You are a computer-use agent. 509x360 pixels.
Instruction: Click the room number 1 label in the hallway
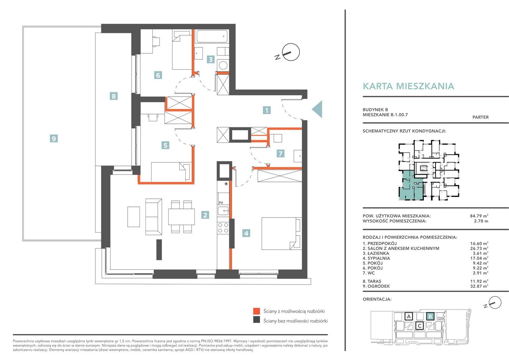(x=266, y=110)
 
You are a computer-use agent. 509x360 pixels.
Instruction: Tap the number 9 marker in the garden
(x=54, y=138)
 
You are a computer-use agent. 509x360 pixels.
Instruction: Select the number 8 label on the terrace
(x=114, y=96)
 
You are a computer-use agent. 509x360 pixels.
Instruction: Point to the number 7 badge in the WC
(x=281, y=154)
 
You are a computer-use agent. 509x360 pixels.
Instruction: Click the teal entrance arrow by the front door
(x=317, y=109)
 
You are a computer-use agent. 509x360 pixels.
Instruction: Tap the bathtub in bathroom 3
(x=212, y=36)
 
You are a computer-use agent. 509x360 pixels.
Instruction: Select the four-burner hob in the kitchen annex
(x=223, y=228)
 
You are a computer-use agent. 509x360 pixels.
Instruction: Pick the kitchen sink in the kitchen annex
(x=223, y=211)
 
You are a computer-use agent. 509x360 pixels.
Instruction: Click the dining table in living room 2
(x=181, y=217)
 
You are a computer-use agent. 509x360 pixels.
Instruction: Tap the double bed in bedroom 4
(x=282, y=234)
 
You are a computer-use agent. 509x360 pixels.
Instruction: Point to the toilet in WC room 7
(x=277, y=138)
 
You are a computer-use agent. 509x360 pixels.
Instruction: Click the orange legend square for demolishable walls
(x=256, y=311)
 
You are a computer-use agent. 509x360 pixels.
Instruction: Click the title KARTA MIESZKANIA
(x=408, y=86)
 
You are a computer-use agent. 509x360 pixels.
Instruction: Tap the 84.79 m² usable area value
(x=479, y=216)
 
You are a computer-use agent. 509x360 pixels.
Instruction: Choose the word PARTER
(x=480, y=117)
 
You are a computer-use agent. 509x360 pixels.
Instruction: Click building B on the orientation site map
(x=430, y=316)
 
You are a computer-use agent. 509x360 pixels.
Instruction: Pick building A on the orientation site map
(x=409, y=316)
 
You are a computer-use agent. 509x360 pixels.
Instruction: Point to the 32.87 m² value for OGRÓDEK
(x=479, y=286)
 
